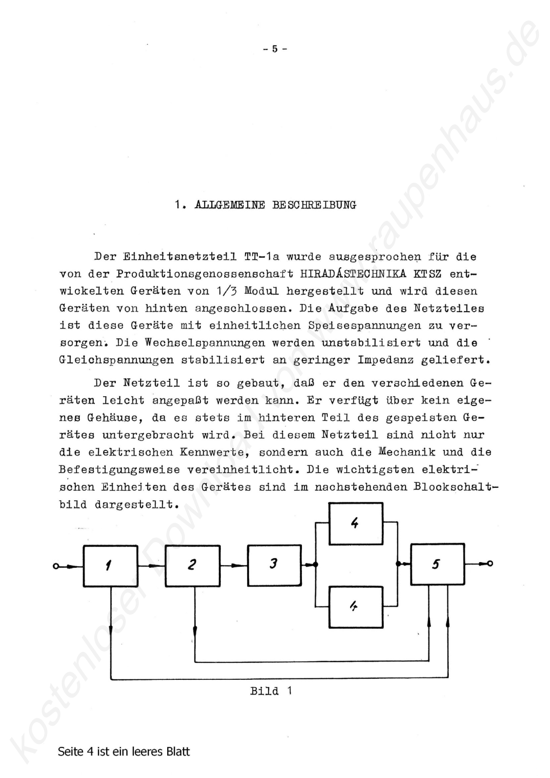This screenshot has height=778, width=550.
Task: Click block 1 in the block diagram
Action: (x=110, y=566)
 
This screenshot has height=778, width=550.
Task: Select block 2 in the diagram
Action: (x=193, y=566)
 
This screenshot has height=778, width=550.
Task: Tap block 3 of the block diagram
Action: (x=274, y=565)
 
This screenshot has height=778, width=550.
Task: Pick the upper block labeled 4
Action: (x=356, y=524)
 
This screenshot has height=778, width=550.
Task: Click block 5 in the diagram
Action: (x=437, y=564)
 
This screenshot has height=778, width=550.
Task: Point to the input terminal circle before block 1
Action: (x=56, y=566)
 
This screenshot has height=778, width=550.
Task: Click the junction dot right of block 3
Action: (x=316, y=565)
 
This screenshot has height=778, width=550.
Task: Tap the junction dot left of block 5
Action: (x=398, y=564)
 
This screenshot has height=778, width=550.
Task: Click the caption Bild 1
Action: (x=271, y=691)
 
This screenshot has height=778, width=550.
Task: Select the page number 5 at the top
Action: (x=275, y=49)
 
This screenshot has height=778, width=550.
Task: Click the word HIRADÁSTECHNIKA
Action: (x=353, y=274)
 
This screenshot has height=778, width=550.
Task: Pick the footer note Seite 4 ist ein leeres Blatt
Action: (x=124, y=752)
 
